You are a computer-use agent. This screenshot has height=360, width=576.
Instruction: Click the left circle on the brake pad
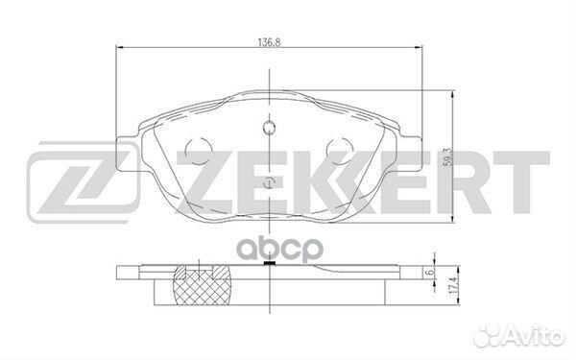click(x=198, y=151)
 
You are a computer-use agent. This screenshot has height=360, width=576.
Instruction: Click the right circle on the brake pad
click(x=339, y=151)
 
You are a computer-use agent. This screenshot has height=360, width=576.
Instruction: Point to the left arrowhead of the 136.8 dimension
click(x=118, y=49)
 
